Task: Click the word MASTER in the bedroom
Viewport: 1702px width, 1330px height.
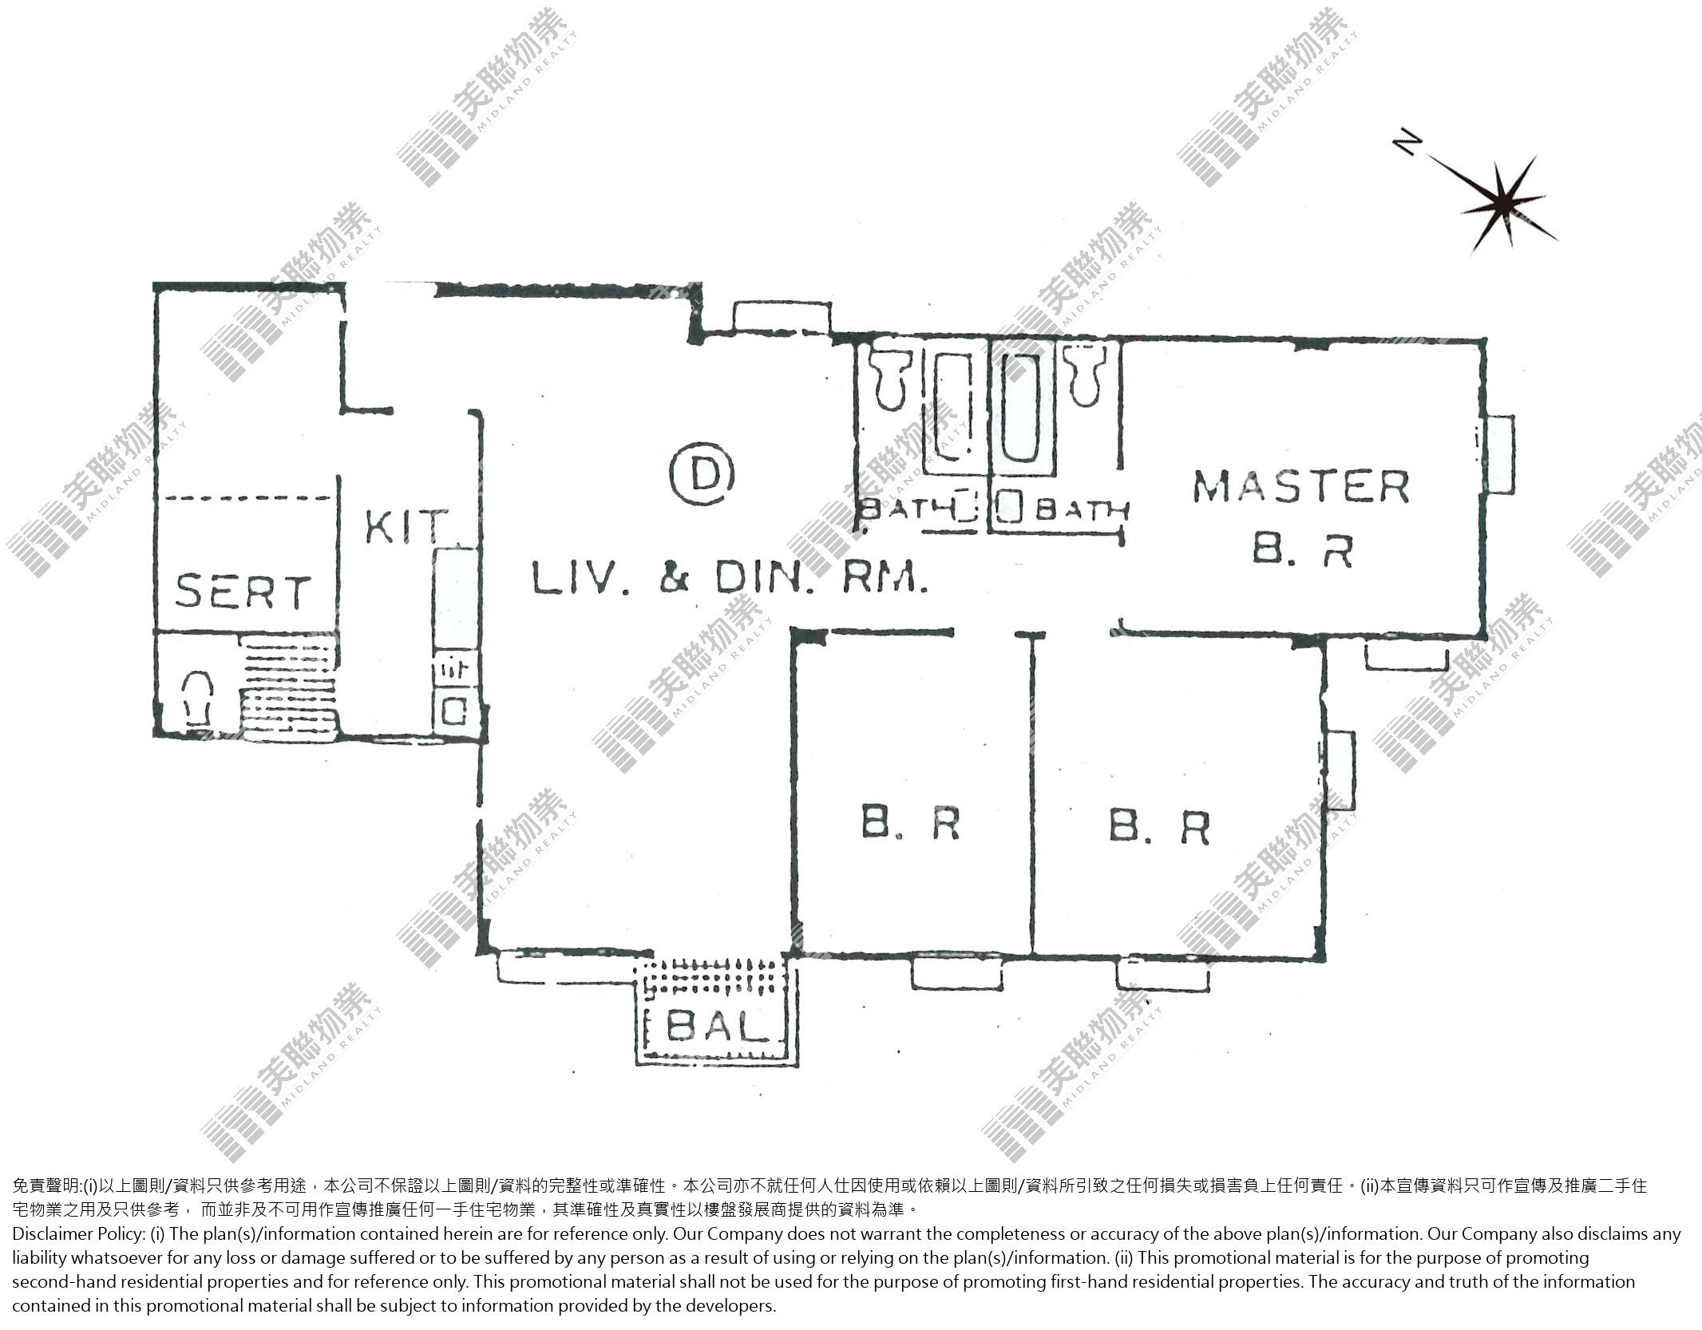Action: click(1301, 487)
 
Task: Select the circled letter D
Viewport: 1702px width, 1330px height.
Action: click(702, 475)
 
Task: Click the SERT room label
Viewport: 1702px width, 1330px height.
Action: click(242, 592)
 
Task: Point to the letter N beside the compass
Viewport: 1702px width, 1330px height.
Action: click(1407, 144)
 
